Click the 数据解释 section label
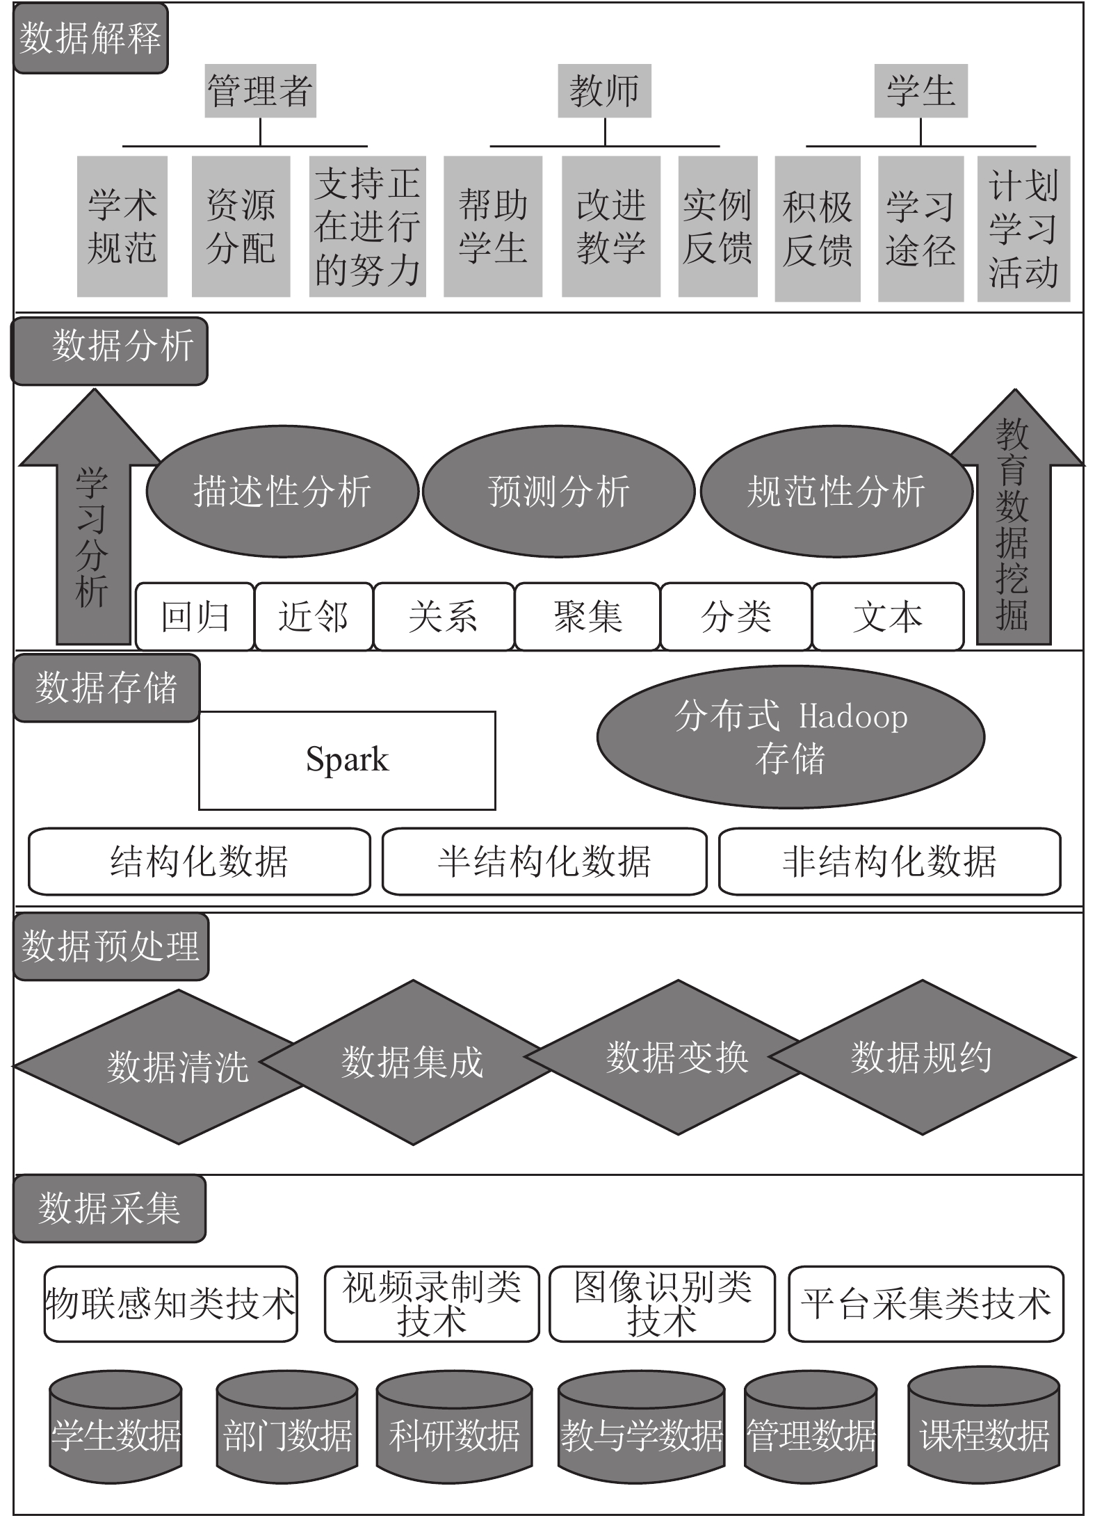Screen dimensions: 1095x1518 (90, 38)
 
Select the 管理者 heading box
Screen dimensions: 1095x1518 (260, 91)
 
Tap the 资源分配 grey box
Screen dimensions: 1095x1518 (241, 227)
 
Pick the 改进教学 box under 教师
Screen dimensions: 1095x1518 (610, 227)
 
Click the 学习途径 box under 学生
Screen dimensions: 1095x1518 (920, 229)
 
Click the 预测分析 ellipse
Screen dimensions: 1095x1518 (558, 491)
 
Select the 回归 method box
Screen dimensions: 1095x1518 (195, 617)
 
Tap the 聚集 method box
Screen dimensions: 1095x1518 (587, 617)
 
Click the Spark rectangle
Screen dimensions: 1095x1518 (347, 760)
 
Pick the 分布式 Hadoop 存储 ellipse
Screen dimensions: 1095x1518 (790, 737)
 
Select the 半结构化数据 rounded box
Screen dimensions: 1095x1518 (544, 861)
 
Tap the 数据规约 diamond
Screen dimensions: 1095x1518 (922, 1058)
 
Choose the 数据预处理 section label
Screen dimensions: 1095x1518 (111, 946)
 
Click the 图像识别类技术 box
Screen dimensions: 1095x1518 (662, 1304)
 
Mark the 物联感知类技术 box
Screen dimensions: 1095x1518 (170, 1304)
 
